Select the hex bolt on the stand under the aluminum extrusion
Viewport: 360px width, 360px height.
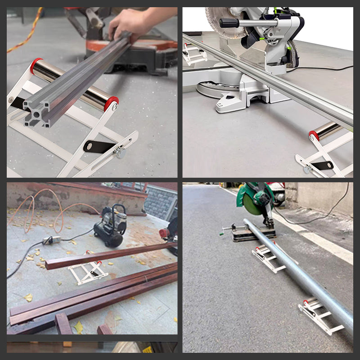point(120,152)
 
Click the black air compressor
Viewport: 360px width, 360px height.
point(110,227)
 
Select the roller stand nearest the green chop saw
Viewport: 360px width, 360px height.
point(268,257)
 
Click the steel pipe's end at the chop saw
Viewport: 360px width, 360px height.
point(247,222)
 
